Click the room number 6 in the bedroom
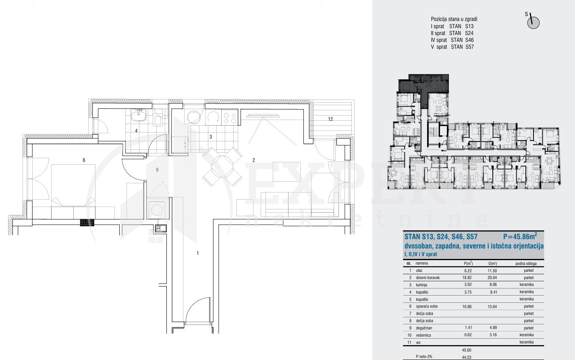(x=84, y=160)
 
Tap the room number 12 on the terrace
(x=330, y=119)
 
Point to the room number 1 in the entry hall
(x=198, y=253)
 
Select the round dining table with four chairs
(x=222, y=166)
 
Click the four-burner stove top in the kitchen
(x=230, y=118)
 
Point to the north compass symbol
(x=533, y=22)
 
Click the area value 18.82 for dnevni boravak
(x=467, y=277)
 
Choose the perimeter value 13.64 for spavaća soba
(x=492, y=306)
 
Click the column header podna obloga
(x=526, y=263)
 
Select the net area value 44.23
(x=467, y=357)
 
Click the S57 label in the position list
(x=469, y=47)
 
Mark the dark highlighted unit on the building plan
(x=423, y=85)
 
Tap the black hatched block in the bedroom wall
(x=87, y=222)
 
